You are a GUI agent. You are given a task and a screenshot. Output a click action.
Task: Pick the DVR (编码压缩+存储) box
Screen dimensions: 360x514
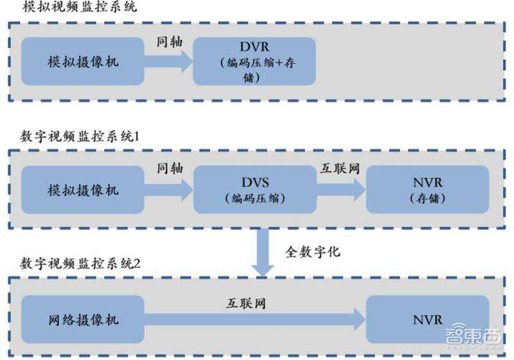[x=255, y=62]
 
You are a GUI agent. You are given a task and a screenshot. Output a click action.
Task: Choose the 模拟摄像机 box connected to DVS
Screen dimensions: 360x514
[x=83, y=190]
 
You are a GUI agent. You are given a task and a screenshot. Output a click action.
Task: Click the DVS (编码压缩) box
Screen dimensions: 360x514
[x=255, y=190]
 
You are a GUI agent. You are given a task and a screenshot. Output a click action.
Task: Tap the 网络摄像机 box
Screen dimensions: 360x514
[x=83, y=319]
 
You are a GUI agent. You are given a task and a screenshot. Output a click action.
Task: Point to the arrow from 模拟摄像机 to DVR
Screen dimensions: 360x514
[x=169, y=62]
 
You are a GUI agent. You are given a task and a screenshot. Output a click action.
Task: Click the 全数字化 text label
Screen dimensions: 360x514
[x=313, y=251]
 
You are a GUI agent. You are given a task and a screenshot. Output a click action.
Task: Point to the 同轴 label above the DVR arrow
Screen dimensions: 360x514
[x=170, y=41]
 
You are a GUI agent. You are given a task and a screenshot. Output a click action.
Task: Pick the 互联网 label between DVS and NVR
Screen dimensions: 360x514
[x=340, y=168]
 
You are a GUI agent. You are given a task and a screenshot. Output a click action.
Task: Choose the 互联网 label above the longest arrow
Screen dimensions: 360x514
[x=245, y=301]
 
